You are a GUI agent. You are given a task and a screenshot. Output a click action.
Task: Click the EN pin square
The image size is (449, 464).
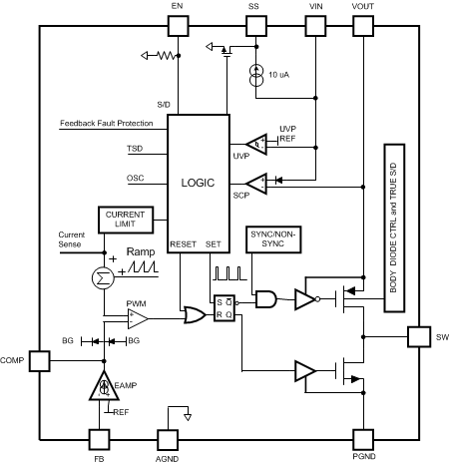click(x=178, y=26)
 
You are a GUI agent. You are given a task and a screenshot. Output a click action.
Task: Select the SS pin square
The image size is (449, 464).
click(x=256, y=26)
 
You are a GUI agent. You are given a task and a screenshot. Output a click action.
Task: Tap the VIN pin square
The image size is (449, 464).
click(x=315, y=26)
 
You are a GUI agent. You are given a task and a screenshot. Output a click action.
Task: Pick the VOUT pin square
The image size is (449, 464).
click(x=363, y=26)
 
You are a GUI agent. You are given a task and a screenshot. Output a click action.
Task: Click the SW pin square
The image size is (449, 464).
click(x=419, y=337)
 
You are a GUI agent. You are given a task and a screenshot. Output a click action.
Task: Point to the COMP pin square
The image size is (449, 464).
click(x=40, y=361)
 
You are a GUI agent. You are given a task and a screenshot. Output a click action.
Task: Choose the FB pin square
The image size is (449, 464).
click(x=99, y=440)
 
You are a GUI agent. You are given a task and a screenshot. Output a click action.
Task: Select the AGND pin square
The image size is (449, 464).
click(x=168, y=440)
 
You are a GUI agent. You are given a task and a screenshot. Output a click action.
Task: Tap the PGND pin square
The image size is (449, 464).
click(x=363, y=440)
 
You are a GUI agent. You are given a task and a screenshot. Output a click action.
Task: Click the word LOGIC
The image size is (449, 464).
click(x=198, y=183)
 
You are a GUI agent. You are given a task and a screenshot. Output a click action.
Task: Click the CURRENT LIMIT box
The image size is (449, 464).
click(x=126, y=220)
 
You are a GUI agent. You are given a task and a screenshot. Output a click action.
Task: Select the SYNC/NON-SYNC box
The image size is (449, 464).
click(x=273, y=239)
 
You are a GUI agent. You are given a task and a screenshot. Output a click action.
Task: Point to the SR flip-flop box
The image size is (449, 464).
click(x=224, y=308)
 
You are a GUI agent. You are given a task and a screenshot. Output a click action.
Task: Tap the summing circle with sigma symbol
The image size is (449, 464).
click(x=103, y=278)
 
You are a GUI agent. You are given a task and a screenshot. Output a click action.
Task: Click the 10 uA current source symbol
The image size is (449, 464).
click(x=256, y=76)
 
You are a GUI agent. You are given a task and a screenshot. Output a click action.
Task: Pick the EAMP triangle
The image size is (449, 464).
click(x=104, y=386)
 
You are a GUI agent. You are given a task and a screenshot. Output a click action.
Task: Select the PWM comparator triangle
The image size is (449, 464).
click(x=138, y=318)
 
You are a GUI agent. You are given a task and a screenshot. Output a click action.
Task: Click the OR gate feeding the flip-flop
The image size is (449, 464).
click(x=195, y=314)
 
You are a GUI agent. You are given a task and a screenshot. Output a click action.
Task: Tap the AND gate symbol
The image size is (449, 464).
click(x=266, y=299)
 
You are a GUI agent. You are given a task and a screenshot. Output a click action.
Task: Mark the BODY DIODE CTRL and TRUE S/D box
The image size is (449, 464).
click(x=394, y=228)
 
